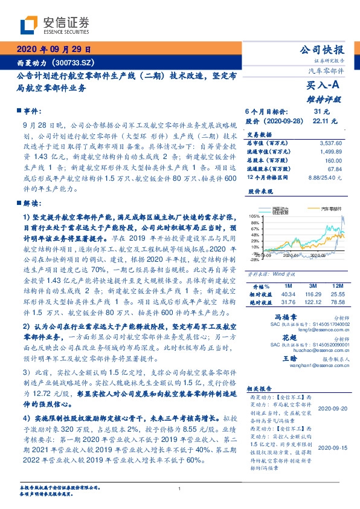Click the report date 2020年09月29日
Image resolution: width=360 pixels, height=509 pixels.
[52, 50]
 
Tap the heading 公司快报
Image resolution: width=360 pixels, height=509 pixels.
[326, 50]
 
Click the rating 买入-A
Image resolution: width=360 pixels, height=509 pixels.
[327, 86]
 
